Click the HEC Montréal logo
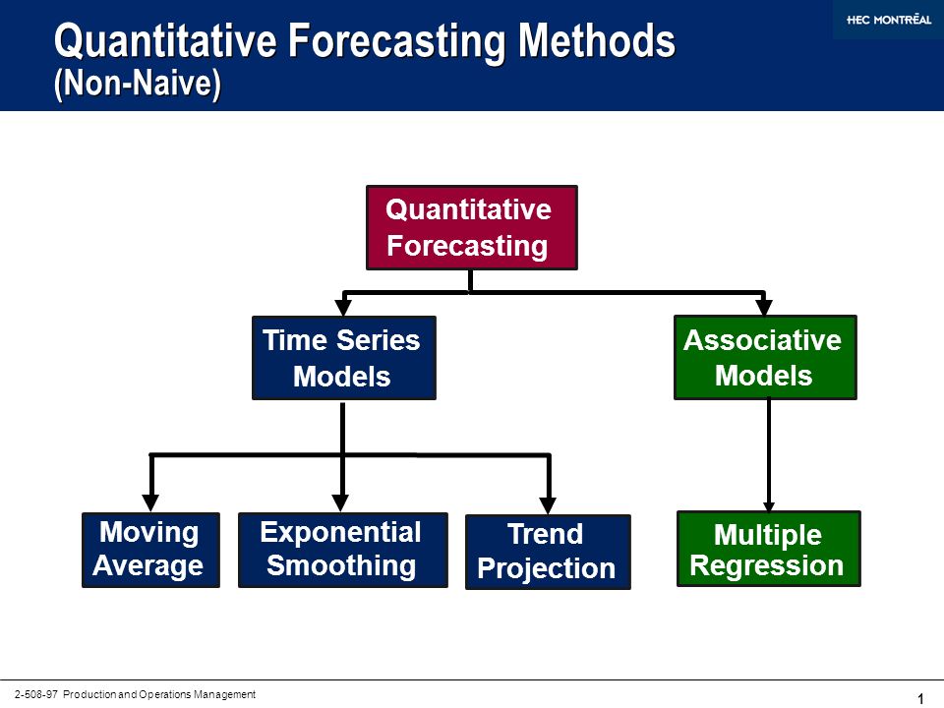tap(889, 20)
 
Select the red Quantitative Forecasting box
tap(472, 227)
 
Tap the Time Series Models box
tap(344, 358)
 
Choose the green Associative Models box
tap(765, 357)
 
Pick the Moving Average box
tap(150, 550)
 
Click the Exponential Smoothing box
tap(343, 550)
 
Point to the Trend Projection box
tap(548, 552)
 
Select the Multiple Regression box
tap(769, 549)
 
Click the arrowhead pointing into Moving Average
tap(150, 502)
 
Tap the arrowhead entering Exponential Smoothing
tap(341, 502)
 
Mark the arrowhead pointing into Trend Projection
tap(548, 505)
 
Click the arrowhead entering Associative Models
tap(764, 307)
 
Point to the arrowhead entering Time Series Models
tap(343, 307)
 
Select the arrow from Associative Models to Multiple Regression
tap(769, 455)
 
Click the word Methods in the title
tap(597, 41)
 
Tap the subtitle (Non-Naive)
tap(138, 83)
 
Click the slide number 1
tap(920, 698)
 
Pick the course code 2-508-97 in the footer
tap(36, 694)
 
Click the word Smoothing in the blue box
tap(341, 566)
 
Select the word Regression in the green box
tap(766, 566)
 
